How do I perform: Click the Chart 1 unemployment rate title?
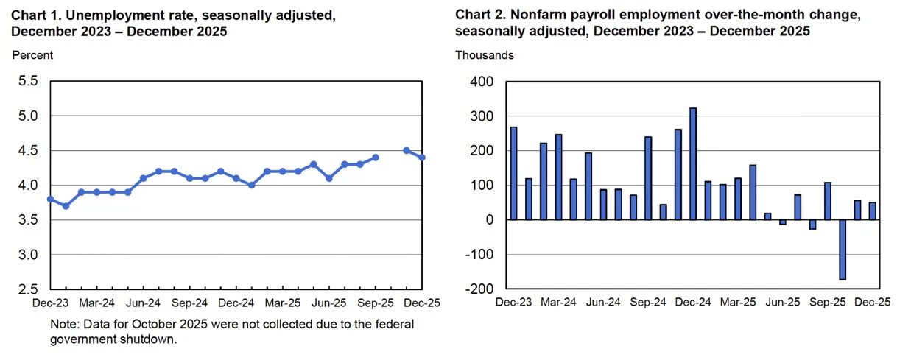pos(174,23)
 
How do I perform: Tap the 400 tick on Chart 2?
pos(482,82)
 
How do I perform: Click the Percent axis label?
pos(32,55)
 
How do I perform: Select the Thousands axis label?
pos(485,55)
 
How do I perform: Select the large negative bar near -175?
pos(843,250)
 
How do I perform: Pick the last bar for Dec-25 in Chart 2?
pos(873,211)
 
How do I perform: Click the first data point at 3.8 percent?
pos(50,199)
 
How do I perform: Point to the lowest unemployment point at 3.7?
pos(66,206)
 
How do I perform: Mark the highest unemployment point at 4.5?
pos(407,150)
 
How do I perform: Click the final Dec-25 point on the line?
pos(422,158)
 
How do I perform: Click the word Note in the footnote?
pos(63,325)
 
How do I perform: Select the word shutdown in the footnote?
pos(151,340)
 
